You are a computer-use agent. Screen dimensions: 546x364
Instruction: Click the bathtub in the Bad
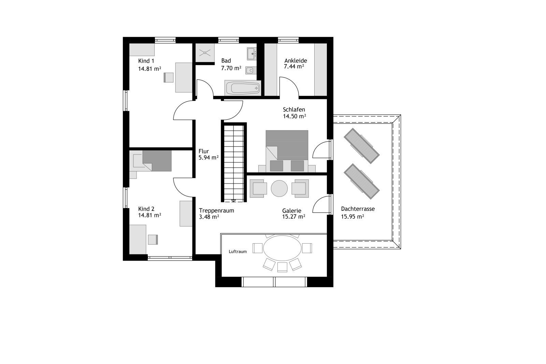243,88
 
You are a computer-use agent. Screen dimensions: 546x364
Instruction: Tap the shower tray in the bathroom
205,53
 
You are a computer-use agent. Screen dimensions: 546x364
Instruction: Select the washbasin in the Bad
252,54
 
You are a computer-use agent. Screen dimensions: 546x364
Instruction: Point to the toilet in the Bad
250,70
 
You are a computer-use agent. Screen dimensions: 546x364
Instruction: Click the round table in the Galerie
279,188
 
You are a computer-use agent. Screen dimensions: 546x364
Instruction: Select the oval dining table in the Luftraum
282,248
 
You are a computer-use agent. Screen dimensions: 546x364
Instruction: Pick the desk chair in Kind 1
169,77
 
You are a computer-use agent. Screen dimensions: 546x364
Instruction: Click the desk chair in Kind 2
153,239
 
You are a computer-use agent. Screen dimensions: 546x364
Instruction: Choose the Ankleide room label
296,61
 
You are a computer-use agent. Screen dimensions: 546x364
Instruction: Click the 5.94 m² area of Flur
209,158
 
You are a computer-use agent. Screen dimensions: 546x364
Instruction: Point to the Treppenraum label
216,210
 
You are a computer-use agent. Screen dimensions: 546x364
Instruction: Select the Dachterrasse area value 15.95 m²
353,217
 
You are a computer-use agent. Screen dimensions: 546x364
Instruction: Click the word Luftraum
238,252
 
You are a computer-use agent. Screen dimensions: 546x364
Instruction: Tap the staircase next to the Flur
234,163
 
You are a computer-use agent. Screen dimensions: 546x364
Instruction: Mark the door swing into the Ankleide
289,87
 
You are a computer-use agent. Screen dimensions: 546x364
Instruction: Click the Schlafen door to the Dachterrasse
321,150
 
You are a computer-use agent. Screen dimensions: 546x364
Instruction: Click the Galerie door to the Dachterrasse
321,204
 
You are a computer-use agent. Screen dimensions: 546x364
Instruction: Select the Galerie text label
292,210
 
